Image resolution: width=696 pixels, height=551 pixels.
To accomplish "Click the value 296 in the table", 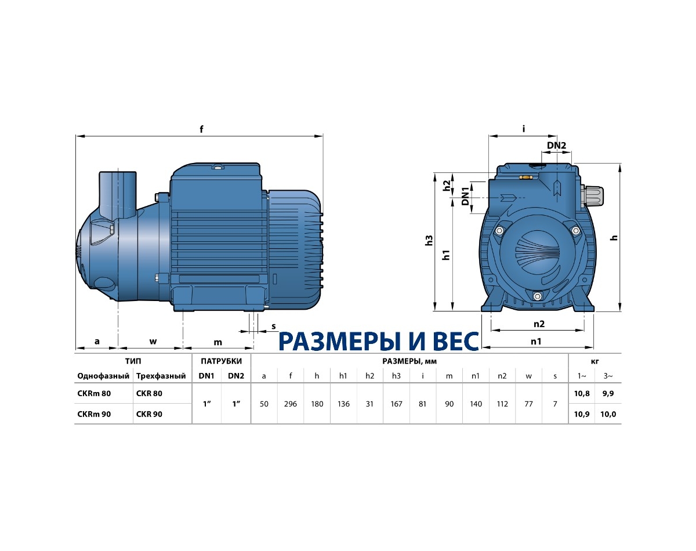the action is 290,404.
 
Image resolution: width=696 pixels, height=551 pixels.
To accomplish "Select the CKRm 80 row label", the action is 94,393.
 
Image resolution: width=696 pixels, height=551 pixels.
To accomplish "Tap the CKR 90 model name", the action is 149,414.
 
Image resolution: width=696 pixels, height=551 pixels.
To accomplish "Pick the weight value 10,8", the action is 582,393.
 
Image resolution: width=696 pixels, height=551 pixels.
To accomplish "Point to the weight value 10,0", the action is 608,414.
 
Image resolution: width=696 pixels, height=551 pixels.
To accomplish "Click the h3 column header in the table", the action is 396,376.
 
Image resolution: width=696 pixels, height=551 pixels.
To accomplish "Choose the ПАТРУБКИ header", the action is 221,361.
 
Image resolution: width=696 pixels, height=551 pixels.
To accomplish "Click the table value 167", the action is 396,404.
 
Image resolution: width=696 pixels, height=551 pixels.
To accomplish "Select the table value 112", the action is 502,404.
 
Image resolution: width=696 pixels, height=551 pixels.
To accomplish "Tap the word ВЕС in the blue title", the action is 451,342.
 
